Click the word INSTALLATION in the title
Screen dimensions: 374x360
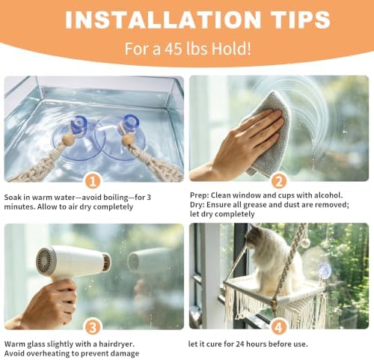[x=163, y=20]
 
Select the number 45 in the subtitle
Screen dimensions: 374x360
[x=174, y=49]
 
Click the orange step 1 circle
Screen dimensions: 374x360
[x=93, y=181]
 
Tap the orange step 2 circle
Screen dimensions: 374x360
[x=278, y=181]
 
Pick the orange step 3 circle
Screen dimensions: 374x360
[x=93, y=327]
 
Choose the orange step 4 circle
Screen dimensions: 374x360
[x=278, y=327]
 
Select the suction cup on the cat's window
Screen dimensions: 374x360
[x=324, y=271]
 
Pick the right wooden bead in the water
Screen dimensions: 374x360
[x=127, y=141]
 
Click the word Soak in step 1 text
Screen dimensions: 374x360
[x=13, y=198]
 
